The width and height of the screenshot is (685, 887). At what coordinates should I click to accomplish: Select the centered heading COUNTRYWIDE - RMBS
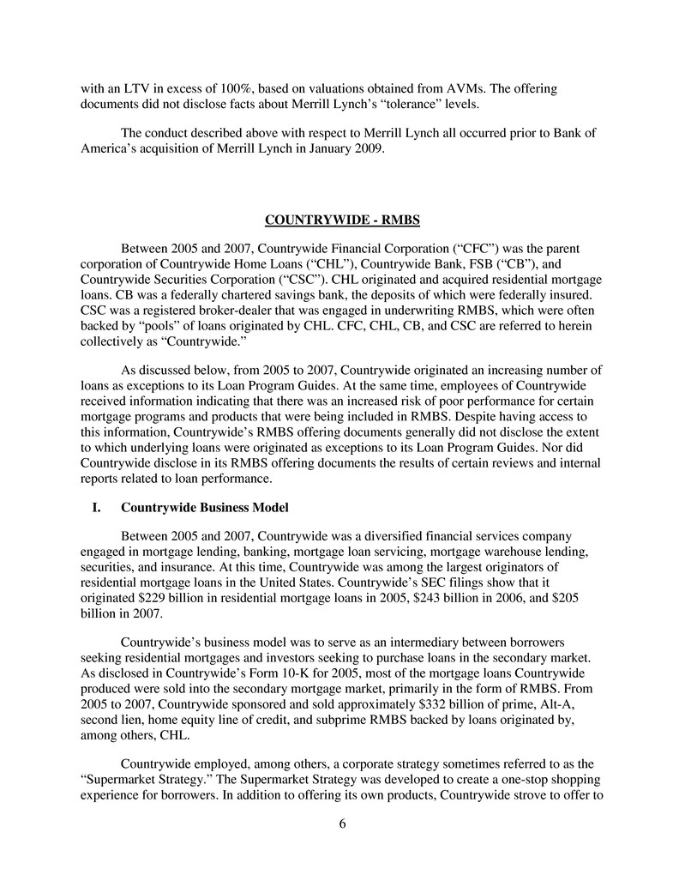(x=342, y=220)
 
